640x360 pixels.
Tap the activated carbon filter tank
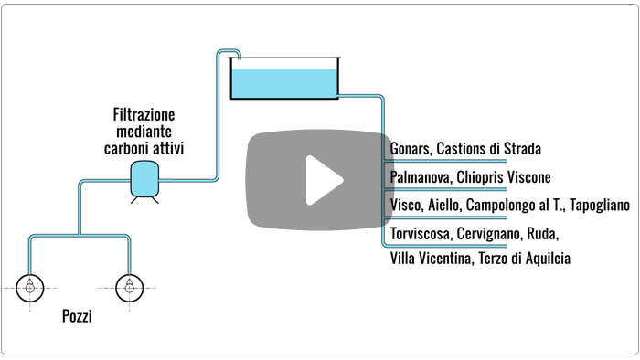tap(143, 178)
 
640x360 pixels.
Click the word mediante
tap(144, 132)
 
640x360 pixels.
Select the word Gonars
tap(410, 149)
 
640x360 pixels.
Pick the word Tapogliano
tap(598, 206)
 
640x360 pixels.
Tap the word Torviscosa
tap(421, 234)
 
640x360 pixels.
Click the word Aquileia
tap(547, 259)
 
